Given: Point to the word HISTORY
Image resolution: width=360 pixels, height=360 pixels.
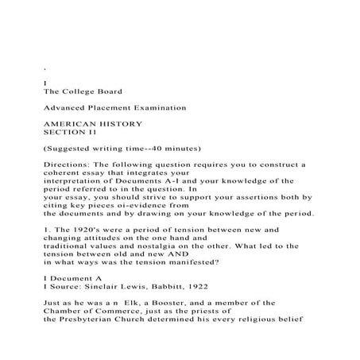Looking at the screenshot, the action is pos(122,124).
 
